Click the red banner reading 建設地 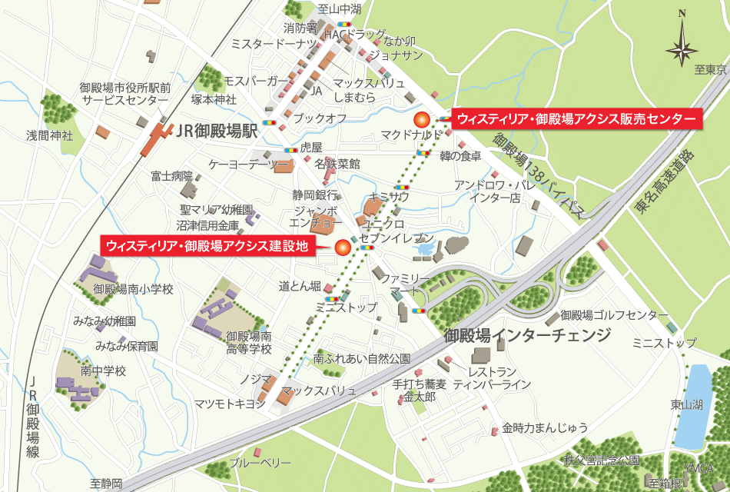207,246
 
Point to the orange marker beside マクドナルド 420,119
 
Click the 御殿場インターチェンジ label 528,335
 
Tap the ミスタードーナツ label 273,45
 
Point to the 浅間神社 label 49,135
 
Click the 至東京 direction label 710,70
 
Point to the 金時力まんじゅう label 546,427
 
